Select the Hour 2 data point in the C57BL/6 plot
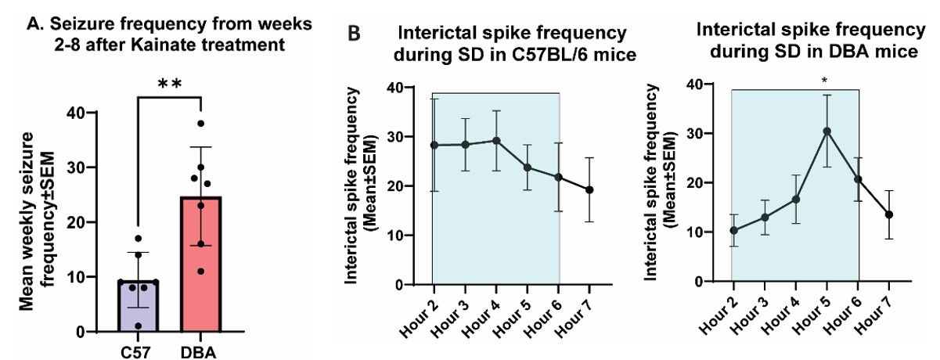coord(433,145)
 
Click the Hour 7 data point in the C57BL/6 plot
coord(589,189)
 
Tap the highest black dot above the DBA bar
coord(201,124)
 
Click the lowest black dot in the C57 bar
coord(139,326)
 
